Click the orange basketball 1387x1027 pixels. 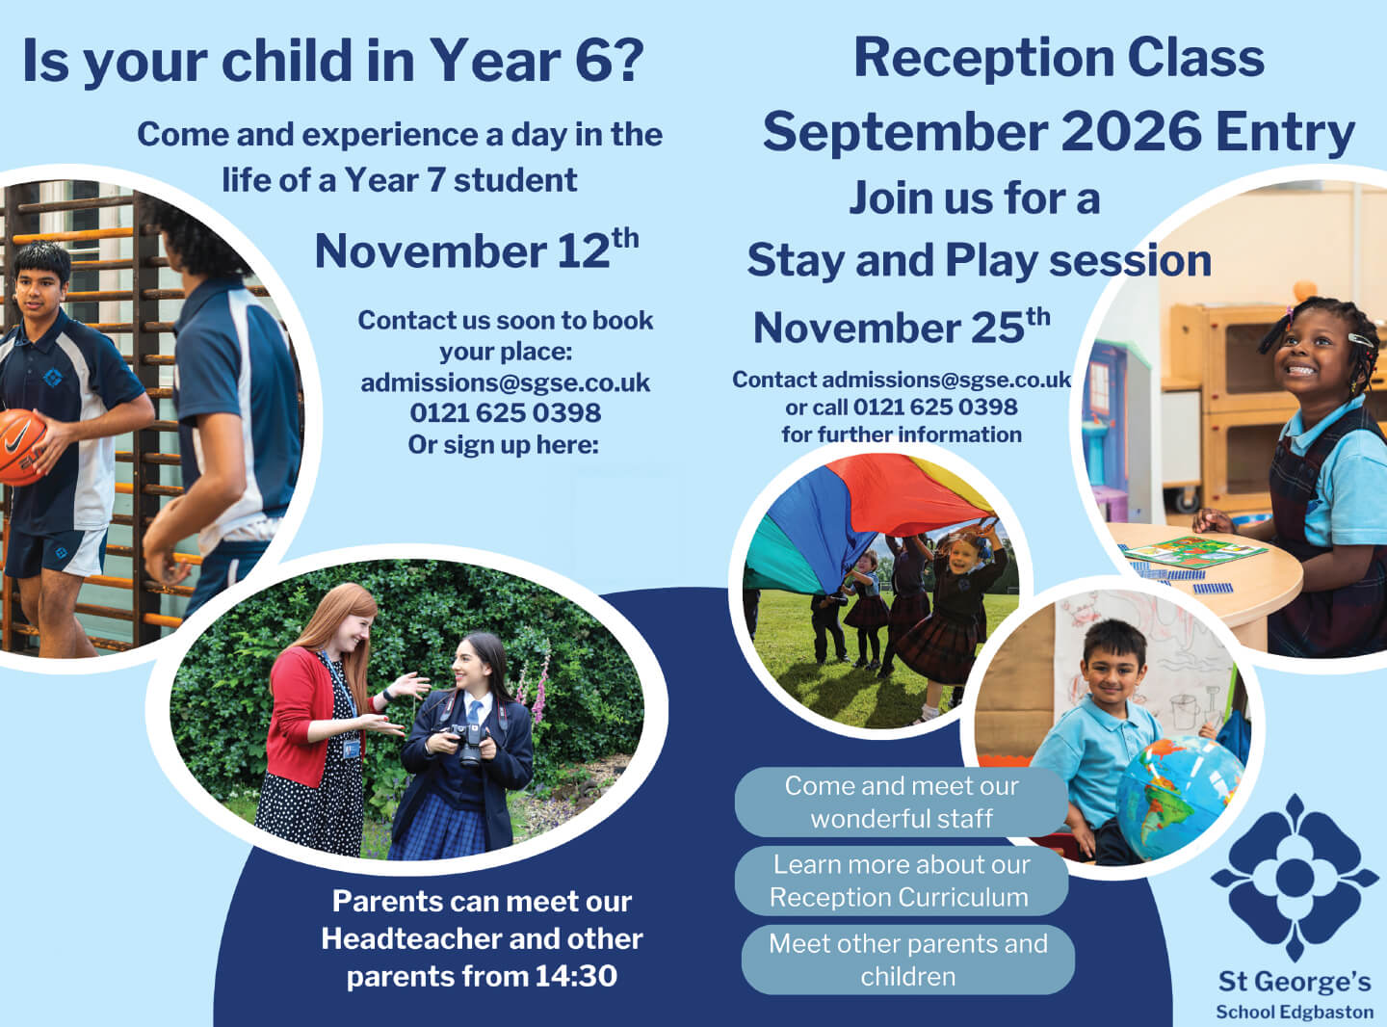[20, 447]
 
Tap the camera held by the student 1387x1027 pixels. [468, 743]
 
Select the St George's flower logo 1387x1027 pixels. [1295, 877]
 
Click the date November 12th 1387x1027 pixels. [477, 250]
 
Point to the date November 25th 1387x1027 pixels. [902, 326]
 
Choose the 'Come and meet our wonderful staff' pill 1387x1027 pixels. [902, 803]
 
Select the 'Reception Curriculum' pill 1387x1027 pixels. [902, 881]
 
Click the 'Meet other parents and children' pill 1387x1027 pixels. [908, 961]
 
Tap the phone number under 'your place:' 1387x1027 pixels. [506, 412]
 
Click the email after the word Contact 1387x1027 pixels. [946, 380]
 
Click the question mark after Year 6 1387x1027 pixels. [627, 60]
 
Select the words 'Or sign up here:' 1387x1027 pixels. [504, 445]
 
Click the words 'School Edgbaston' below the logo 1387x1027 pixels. [1295, 1012]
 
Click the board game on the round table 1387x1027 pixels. [1195, 551]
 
